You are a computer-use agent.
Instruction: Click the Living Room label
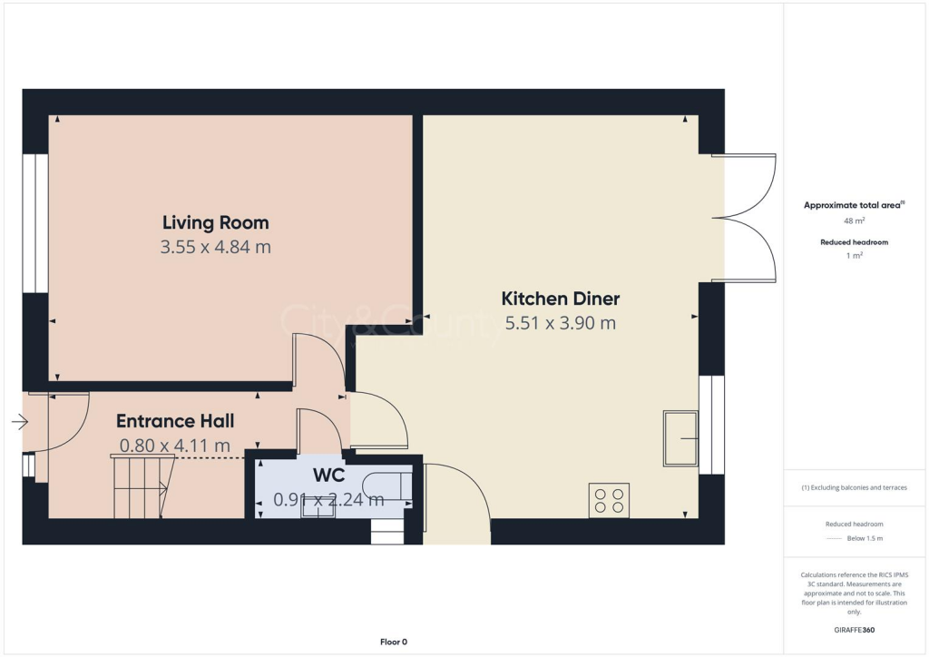215,222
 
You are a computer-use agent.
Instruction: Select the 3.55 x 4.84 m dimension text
215,246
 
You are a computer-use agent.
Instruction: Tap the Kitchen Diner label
560,299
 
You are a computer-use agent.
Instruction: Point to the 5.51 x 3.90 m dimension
560,322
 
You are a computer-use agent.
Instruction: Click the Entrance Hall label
175,421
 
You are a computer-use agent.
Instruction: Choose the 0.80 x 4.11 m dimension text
174,446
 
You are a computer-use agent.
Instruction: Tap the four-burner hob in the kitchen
609,500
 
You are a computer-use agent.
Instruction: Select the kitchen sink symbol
680,438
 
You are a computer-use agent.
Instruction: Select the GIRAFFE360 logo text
855,630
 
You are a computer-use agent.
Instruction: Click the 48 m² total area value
854,221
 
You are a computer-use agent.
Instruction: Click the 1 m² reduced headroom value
854,257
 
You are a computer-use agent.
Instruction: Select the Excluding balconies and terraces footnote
854,487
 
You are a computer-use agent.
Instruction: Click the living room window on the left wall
35,223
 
